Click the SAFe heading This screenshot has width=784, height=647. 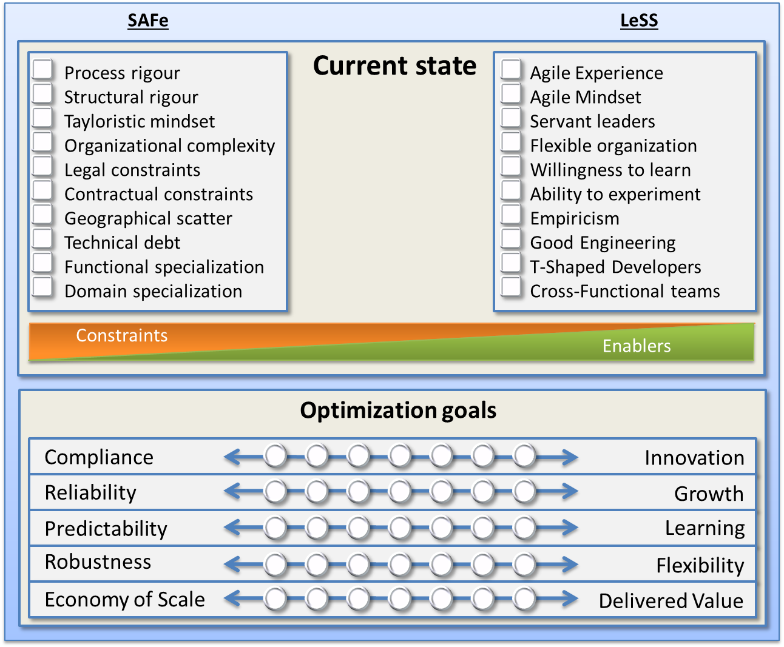click(147, 21)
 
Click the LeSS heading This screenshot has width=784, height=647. click(638, 21)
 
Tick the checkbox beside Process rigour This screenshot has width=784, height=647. click(42, 70)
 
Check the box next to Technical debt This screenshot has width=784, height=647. click(42, 239)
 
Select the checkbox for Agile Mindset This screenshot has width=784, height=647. click(511, 94)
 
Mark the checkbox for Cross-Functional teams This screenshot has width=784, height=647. click(511, 287)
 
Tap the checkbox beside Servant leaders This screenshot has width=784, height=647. click(511, 118)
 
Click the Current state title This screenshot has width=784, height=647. click(394, 65)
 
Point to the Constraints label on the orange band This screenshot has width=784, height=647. click(121, 335)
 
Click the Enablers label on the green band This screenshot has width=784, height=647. click(636, 346)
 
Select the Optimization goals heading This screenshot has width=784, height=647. click(398, 411)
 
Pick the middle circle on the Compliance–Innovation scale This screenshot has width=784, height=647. click(400, 456)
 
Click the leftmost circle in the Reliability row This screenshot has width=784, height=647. click(275, 492)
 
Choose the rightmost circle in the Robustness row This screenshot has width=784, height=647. click(524, 565)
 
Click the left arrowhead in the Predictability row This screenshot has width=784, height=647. click(231, 528)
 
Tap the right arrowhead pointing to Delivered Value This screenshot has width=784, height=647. click(570, 599)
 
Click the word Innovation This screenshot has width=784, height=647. click(694, 458)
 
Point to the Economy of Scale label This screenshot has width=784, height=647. click(124, 599)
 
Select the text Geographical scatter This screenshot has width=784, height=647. click(148, 218)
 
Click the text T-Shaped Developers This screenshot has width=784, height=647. click(615, 267)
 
